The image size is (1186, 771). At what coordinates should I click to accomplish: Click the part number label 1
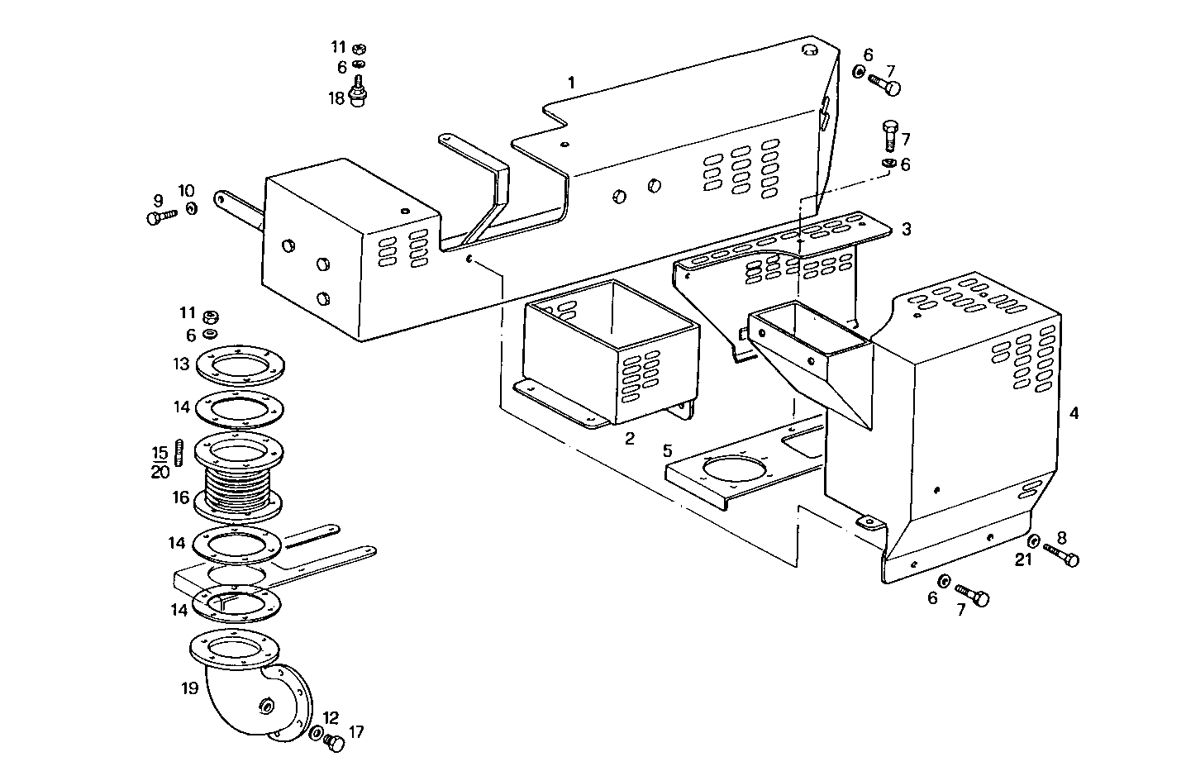[x=570, y=83]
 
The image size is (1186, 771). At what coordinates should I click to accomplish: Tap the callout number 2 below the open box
[x=629, y=439]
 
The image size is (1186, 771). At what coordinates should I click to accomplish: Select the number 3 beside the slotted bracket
[x=906, y=229]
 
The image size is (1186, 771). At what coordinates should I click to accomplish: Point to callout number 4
[x=1074, y=413]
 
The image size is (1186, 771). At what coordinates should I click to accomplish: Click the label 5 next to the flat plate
[x=666, y=451]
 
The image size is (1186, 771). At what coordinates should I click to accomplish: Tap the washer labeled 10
[x=192, y=208]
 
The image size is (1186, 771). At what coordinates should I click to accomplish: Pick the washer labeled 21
[x=1033, y=541]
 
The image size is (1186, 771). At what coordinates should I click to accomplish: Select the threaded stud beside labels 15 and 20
[x=179, y=453]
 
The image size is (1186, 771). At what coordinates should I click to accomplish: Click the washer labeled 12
[x=317, y=733]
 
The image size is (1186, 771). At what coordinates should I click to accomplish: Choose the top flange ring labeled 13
[x=240, y=364]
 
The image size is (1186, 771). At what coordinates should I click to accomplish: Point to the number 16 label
[x=180, y=498]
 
